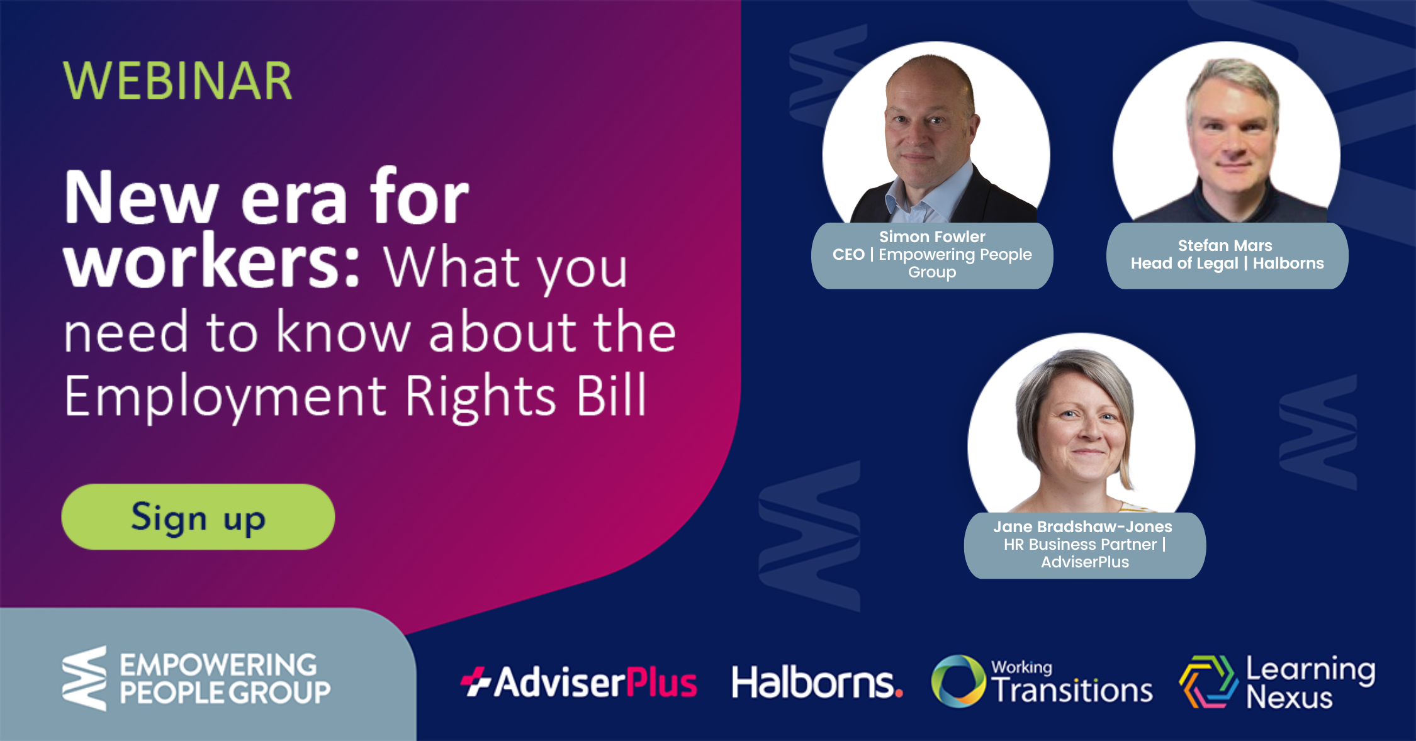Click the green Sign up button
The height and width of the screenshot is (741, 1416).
pyautogui.click(x=198, y=516)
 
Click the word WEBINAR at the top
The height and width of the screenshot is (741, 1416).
pyautogui.click(x=178, y=81)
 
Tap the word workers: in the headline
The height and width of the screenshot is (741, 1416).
pyautogui.click(x=212, y=262)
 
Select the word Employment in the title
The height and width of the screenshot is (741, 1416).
pyautogui.click(x=226, y=396)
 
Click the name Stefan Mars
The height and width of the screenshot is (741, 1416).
pyautogui.click(x=1225, y=245)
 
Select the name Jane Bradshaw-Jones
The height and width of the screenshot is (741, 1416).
pyautogui.click(x=1082, y=526)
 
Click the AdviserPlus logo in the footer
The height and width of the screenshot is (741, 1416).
pyautogui.click(x=578, y=682)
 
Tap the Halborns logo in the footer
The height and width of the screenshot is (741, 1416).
pyautogui.click(x=817, y=682)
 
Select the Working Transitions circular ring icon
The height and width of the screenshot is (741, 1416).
pyautogui.click(x=958, y=681)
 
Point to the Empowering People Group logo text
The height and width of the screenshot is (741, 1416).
pyautogui.click(x=225, y=679)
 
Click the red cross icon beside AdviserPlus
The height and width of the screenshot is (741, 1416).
pyautogui.click(x=476, y=682)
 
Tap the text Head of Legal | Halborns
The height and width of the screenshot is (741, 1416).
pyautogui.click(x=1227, y=263)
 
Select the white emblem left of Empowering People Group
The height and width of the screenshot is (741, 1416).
pyautogui.click(x=84, y=678)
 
